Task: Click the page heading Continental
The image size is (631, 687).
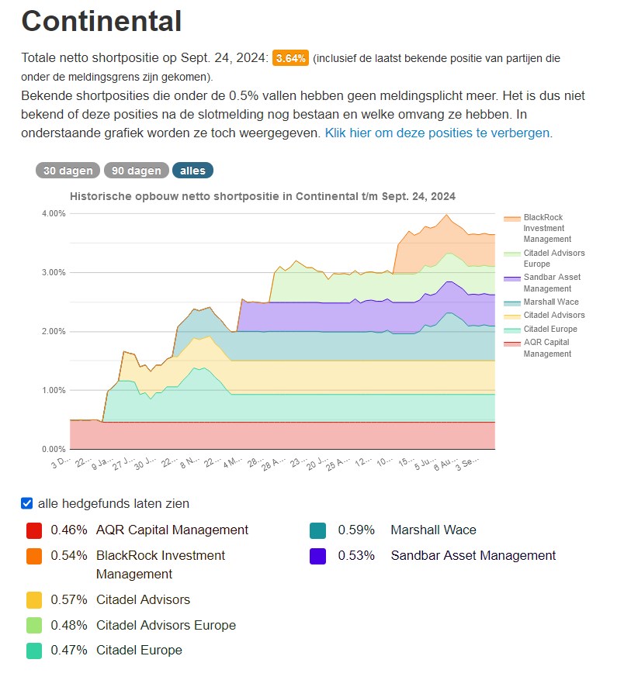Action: (x=102, y=21)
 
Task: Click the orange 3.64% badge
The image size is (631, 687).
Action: (x=290, y=58)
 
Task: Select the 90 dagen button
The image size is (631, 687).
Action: (x=136, y=171)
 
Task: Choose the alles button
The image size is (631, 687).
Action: (x=192, y=171)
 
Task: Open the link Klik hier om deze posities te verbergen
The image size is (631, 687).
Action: (x=439, y=133)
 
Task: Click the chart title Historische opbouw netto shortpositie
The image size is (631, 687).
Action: (x=262, y=196)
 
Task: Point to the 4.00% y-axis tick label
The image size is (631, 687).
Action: (x=54, y=213)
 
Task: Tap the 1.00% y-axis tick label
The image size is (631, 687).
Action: (x=54, y=390)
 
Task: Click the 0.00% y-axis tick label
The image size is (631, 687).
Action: (x=54, y=449)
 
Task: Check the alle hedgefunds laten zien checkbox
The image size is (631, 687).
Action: (x=27, y=504)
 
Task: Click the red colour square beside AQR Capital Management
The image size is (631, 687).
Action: (x=34, y=530)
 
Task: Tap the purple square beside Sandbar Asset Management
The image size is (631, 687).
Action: (x=317, y=556)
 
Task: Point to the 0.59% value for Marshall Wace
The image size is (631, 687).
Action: (x=355, y=530)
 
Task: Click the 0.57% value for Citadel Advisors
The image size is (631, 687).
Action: (x=69, y=599)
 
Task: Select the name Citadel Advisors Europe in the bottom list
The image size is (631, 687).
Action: (x=165, y=625)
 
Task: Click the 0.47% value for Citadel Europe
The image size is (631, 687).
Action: (x=69, y=650)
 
